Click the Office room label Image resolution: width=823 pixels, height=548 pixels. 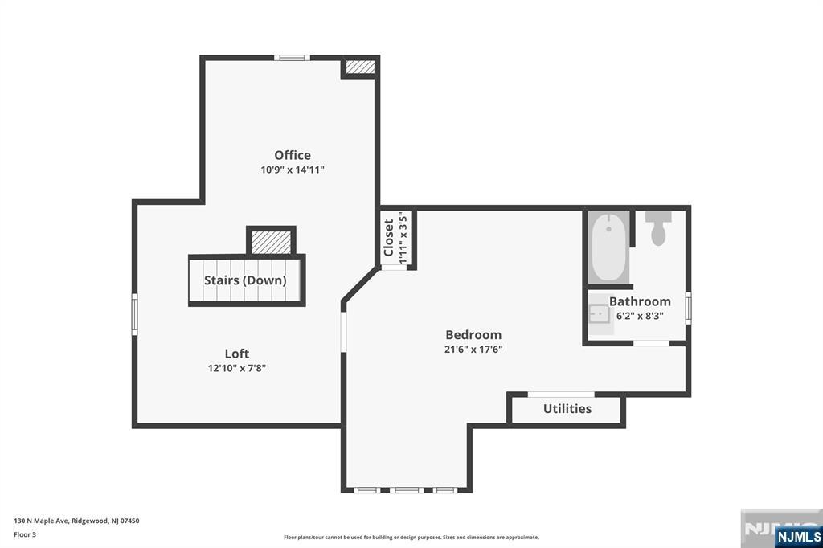point(293,155)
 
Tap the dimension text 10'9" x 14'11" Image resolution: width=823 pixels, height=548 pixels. point(293,170)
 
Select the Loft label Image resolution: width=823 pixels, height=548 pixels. point(236,354)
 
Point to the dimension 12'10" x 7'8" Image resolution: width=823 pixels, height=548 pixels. point(236,368)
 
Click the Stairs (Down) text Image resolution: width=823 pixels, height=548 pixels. point(245,280)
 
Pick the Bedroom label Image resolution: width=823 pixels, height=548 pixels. point(473,335)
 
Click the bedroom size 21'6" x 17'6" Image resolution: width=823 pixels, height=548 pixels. point(473,350)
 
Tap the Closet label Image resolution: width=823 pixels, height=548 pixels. point(389,238)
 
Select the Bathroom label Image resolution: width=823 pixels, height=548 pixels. point(640,301)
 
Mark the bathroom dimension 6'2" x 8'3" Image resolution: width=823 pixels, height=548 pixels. point(640,316)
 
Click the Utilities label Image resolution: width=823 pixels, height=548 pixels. point(567,408)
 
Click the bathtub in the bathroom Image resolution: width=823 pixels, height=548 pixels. point(608,246)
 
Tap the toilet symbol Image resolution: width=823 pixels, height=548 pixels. point(658,228)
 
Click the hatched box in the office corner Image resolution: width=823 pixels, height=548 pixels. point(360,67)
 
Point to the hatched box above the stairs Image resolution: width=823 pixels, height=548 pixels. point(271,241)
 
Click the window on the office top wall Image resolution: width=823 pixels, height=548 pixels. point(291,57)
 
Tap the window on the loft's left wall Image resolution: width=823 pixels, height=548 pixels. point(134,313)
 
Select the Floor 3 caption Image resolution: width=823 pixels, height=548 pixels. point(25,534)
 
